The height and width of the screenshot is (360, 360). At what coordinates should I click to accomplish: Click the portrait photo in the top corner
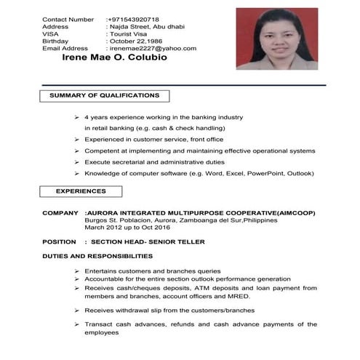(x=277, y=39)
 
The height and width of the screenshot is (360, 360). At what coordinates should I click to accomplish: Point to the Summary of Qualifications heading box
(x=105, y=96)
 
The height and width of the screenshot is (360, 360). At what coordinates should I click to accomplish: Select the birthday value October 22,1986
(x=140, y=41)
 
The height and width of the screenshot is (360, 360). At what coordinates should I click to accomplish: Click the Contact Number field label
(x=68, y=18)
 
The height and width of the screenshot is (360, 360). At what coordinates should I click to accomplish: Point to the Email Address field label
(x=65, y=48)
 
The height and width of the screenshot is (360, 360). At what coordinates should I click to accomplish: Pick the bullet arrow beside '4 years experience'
(x=76, y=117)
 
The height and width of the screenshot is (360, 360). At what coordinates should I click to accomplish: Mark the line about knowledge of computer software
(x=199, y=173)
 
